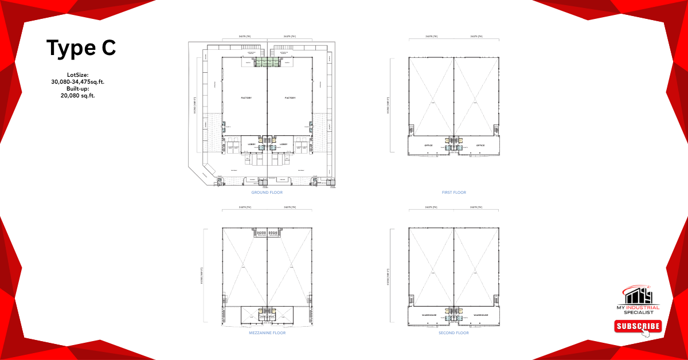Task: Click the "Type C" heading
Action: click(x=81, y=48)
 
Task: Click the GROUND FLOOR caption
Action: click(x=267, y=193)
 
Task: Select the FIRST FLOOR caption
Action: click(x=454, y=193)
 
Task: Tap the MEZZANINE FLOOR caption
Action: click(x=267, y=333)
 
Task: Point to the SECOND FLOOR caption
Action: click(x=454, y=333)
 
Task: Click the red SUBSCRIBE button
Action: click(x=638, y=327)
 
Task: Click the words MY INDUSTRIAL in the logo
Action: click(x=639, y=307)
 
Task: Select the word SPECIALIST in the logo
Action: click(x=639, y=312)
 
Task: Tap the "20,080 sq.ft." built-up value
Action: click(x=77, y=96)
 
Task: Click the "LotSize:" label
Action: click(x=77, y=75)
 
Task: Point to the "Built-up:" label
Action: click(x=77, y=89)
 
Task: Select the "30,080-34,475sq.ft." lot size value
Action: click(x=77, y=82)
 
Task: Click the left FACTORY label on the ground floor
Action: click(x=247, y=98)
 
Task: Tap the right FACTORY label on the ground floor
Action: click(x=290, y=98)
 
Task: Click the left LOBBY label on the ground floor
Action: click(x=252, y=144)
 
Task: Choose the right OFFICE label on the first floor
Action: click(x=480, y=146)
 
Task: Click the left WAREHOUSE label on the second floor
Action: click(x=429, y=315)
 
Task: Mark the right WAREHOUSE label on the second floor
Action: click(x=480, y=315)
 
